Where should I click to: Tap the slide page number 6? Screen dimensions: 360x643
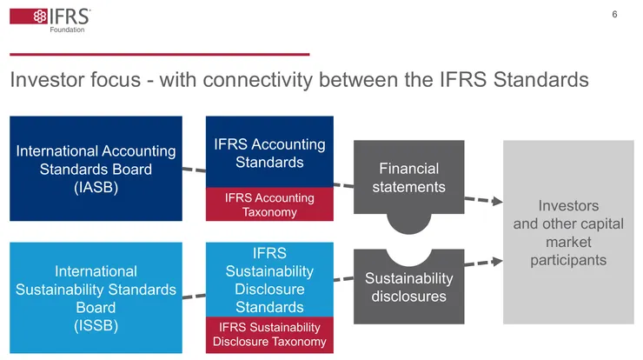pyautogui.click(x=614, y=15)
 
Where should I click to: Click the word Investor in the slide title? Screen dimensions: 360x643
pyautogui.click(x=44, y=80)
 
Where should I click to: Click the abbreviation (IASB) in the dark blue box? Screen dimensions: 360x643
pyautogui.click(x=96, y=187)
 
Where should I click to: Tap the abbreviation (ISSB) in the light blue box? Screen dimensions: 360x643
pyautogui.click(x=96, y=326)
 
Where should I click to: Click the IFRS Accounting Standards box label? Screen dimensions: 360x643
pyautogui.click(x=269, y=153)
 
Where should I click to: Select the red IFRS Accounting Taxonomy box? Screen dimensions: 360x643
pyautogui.click(x=269, y=205)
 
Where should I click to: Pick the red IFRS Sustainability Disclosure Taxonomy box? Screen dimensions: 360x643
pyautogui.click(x=269, y=334)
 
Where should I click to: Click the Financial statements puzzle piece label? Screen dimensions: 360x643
pyautogui.click(x=408, y=177)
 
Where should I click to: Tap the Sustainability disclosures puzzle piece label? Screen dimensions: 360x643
pyautogui.click(x=408, y=287)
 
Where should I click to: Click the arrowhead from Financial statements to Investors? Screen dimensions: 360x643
pyautogui.click(x=498, y=202)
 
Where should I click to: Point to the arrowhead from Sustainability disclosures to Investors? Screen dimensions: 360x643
pyautogui.click(x=498, y=260)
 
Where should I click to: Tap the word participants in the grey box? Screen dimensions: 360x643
pyautogui.click(x=569, y=260)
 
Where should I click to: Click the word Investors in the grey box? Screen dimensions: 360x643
pyautogui.click(x=569, y=206)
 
